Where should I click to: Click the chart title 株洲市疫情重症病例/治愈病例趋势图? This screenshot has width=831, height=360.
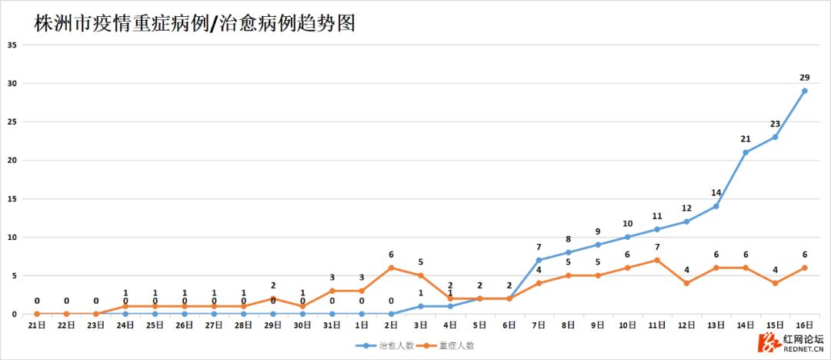click(x=194, y=23)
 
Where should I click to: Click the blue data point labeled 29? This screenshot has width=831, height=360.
click(x=804, y=91)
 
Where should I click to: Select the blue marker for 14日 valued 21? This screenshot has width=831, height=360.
click(x=746, y=152)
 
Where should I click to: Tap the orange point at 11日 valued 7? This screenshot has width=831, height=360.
click(x=657, y=260)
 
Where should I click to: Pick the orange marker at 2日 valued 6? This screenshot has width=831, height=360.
click(x=391, y=268)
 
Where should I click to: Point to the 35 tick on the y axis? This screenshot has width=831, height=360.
click(x=12, y=45)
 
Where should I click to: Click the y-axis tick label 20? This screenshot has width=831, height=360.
click(x=12, y=160)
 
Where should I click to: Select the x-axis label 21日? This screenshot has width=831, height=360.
click(x=36, y=325)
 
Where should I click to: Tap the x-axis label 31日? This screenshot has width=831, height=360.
click(x=332, y=325)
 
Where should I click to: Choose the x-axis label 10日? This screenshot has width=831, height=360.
click(x=628, y=325)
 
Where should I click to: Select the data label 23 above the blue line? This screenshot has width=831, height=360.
click(x=775, y=124)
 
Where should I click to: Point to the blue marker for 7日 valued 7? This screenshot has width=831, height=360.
click(x=539, y=260)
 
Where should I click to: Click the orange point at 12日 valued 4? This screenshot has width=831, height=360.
click(x=686, y=283)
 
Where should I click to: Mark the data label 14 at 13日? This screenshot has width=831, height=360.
click(x=716, y=193)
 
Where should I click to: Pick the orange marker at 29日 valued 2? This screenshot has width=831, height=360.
click(x=273, y=298)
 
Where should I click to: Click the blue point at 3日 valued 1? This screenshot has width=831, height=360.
click(x=420, y=306)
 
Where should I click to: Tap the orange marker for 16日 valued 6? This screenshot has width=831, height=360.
click(x=804, y=268)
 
